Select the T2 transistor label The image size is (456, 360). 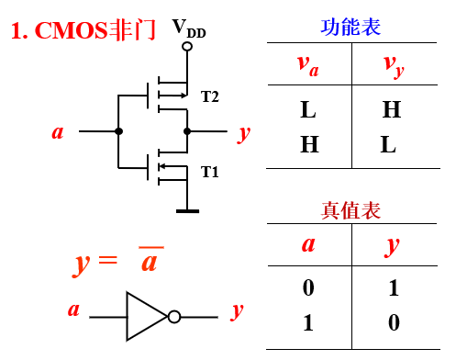coord(211,95)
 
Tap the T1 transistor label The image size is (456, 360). coord(211,172)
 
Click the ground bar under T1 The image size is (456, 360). coord(187,211)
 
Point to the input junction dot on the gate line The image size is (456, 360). coord(118,131)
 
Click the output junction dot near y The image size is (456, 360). coord(187,131)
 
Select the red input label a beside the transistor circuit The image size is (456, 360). coord(58,132)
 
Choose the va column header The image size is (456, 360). coord(308,64)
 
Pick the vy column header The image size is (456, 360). coord(393,64)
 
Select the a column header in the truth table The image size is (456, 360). coord(308,245)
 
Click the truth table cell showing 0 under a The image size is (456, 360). coord(308,288)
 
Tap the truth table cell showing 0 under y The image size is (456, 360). coord(393,323)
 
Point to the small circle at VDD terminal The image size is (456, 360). coord(187,44)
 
